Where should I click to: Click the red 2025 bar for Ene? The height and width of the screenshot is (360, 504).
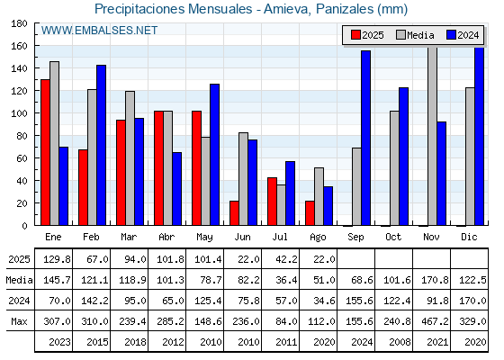(x=45, y=152)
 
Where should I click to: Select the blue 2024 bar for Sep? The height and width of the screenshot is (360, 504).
(x=365, y=138)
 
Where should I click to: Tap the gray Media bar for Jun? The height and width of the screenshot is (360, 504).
(x=243, y=179)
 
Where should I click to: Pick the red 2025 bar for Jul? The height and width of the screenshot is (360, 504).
(x=272, y=202)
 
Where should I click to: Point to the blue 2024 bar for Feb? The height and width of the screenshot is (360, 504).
(x=101, y=145)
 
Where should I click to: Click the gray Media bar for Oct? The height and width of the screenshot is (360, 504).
(x=394, y=168)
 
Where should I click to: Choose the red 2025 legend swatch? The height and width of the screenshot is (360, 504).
(x=355, y=35)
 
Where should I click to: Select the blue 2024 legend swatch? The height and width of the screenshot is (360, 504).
(x=451, y=35)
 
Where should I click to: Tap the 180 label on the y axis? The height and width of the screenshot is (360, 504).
(x=19, y=23)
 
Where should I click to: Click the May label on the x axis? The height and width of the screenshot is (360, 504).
(x=204, y=238)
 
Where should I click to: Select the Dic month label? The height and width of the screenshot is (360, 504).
(x=469, y=237)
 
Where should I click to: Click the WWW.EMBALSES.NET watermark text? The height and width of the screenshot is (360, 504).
(x=99, y=31)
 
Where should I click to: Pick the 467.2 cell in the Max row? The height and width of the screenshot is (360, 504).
(x=435, y=321)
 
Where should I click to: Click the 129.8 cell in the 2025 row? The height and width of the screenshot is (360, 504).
(x=57, y=259)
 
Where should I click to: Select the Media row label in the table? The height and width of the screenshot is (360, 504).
(x=19, y=280)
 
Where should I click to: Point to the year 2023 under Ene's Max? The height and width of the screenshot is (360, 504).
(x=59, y=342)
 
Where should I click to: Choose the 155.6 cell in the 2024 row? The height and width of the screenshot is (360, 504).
(x=359, y=301)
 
